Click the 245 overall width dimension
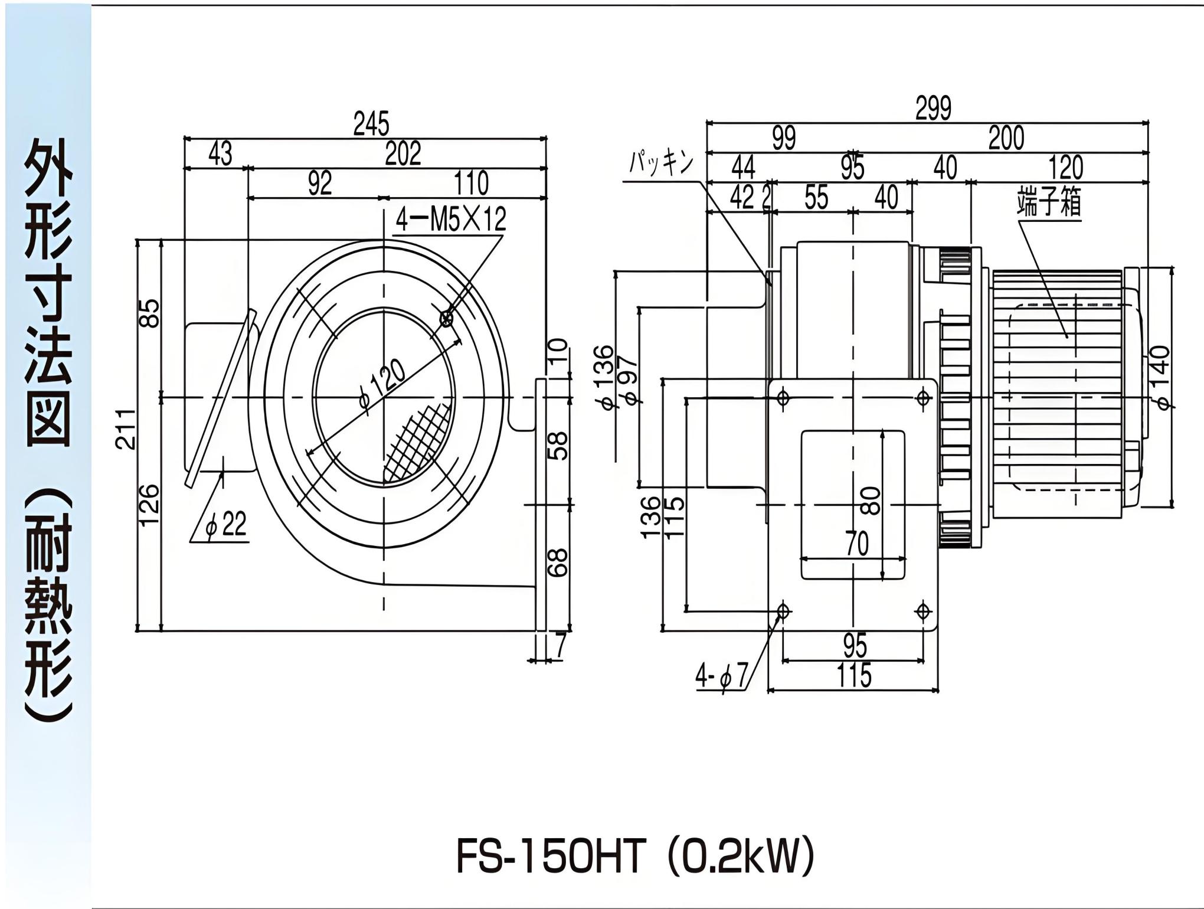coord(371,124)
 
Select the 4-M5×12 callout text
coord(451,220)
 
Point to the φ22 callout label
coord(227,524)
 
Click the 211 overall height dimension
coord(126,429)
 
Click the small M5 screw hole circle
coord(447,319)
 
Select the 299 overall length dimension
coord(933,108)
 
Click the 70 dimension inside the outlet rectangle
coord(856,544)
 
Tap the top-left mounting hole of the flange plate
coord(783,398)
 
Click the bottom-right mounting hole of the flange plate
coord(923,612)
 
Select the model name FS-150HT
coord(549,857)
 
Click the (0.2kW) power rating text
coord(741,857)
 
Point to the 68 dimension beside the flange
coord(558,563)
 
